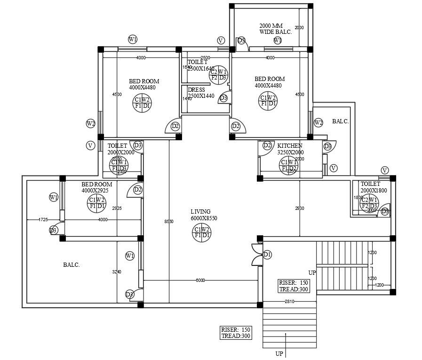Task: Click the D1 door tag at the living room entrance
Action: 267,255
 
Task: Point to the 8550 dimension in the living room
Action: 169,222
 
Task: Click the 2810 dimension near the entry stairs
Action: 289,302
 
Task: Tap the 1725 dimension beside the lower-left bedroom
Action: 43,220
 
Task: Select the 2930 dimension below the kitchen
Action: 300,208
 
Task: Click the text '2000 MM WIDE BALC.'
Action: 275,29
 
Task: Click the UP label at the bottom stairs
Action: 279,354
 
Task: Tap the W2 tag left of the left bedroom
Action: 91,124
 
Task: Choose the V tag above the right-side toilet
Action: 385,170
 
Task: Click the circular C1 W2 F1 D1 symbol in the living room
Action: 202,232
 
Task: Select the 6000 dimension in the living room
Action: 200,280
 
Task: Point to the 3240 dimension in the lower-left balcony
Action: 117,272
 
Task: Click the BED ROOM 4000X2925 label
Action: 96,187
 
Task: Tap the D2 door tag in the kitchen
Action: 267,146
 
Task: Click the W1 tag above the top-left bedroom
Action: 133,40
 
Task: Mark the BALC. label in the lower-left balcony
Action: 72,265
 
